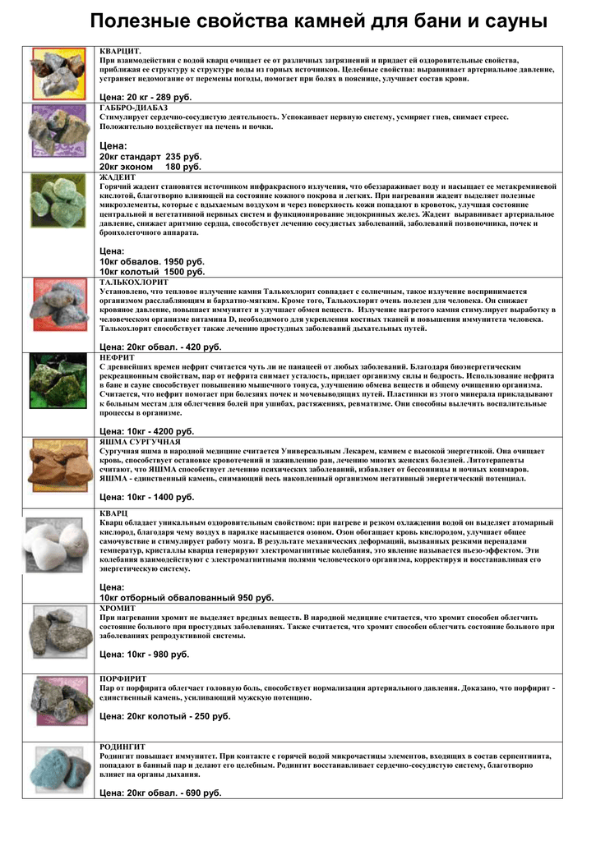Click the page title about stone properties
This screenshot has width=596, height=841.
[x=318, y=21]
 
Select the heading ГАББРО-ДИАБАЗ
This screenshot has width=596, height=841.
[x=133, y=108]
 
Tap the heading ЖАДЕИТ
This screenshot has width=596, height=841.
[x=118, y=177]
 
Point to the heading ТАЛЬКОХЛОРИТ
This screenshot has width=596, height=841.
[x=134, y=282]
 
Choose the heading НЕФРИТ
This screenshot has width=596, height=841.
[x=118, y=358]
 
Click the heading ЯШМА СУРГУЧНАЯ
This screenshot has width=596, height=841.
[x=140, y=442]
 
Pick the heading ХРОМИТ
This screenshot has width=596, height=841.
[x=118, y=608]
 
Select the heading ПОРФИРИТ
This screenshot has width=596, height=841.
[x=123, y=678]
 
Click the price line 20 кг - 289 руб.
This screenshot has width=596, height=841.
[x=145, y=97]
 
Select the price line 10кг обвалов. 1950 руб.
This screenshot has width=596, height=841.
[x=151, y=261]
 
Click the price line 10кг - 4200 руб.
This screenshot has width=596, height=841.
[x=146, y=431]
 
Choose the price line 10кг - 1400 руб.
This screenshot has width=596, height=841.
[x=146, y=497]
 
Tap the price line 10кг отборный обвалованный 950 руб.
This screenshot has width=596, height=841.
[x=187, y=598]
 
